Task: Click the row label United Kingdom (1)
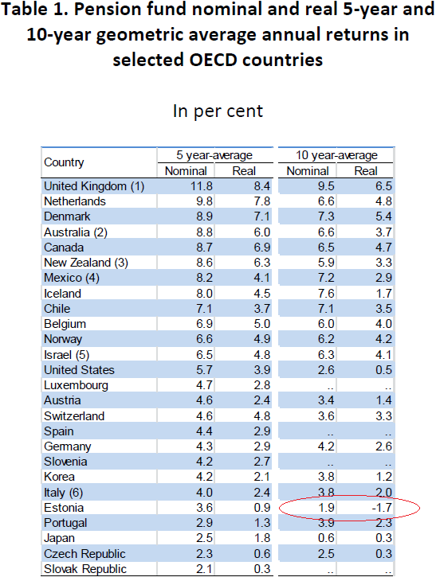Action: coord(94,186)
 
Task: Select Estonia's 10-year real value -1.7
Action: coord(382,508)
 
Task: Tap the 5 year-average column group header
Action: coord(214,155)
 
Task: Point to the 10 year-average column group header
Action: coord(336,155)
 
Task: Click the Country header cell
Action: coord(64,162)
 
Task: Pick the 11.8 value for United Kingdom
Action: coord(202,186)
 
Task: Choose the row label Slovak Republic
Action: coord(85,569)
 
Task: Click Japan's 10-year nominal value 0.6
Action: coord(326,538)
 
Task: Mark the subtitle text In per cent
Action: coord(218,111)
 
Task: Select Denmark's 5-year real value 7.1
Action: coord(262,216)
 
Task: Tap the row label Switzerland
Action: coord(74,416)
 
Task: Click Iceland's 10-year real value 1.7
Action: coord(383,294)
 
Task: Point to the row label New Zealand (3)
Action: coord(86,263)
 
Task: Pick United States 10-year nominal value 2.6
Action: coord(326,370)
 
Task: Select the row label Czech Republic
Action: coord(84,554)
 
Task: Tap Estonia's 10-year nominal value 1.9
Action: coord(326,508)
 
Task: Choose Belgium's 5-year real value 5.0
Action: coord(262,324)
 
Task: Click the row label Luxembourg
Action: coord(76,385)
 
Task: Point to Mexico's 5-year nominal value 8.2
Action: coord(205,278)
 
